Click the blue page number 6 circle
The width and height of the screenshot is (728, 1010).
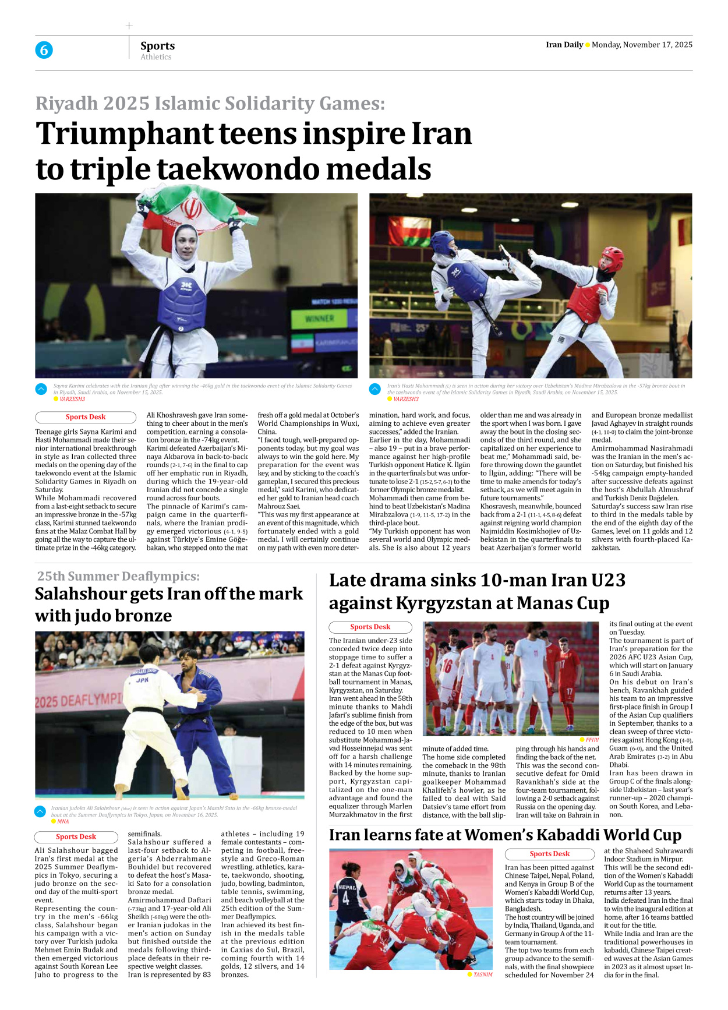pyautogui.click(x=44, y=50)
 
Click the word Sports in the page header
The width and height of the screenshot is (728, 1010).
pyautogui.click(x=157, y=45)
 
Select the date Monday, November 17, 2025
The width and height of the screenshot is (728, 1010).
pyautogui.click(x=642, y=45)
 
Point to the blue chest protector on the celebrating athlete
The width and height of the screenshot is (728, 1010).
pyautogui.click(x=183, y=303)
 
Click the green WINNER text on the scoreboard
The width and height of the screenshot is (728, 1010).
pyautogui.click(x=319, y=319)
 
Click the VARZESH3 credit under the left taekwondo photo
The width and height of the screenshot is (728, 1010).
pyautogui.click(x=72, y=399)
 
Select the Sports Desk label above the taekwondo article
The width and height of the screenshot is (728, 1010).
pyautogui.click(x=86, y=417)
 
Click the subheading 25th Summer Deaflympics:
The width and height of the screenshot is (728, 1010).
pyautogui.click(x=118, y=576)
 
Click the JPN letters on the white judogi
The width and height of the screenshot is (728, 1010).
pyautogui.click(x=142, y=680)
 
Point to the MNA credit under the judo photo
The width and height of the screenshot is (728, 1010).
pyautogui.click(x=63, y=821)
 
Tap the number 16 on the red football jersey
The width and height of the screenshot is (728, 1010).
pyautogui.click(x=447, y=665)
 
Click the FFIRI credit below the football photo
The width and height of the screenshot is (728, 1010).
pyautogui.click(x=592, y=740)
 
